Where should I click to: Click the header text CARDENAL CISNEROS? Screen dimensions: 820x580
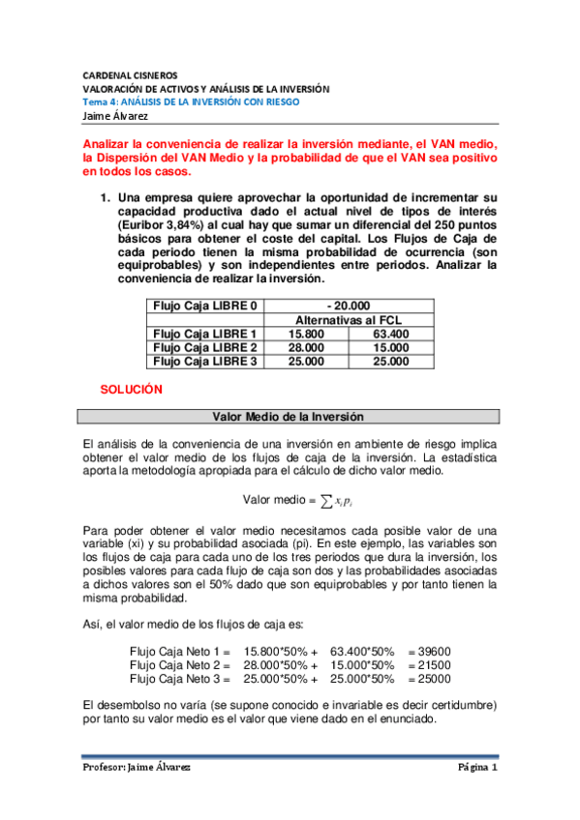pos(129,73)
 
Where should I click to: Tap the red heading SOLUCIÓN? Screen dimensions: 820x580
pos(131,390)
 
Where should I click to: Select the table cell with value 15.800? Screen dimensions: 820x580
pos(307,334)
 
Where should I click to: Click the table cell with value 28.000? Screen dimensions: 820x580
pos(307,347)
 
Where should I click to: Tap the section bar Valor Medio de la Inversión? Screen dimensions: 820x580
pos(289,417)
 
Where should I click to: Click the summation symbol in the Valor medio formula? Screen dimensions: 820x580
pos(326,500)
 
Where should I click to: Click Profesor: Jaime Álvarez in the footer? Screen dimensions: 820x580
pos(136,768)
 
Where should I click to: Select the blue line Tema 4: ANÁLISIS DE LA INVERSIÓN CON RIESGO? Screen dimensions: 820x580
pos(190,101)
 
